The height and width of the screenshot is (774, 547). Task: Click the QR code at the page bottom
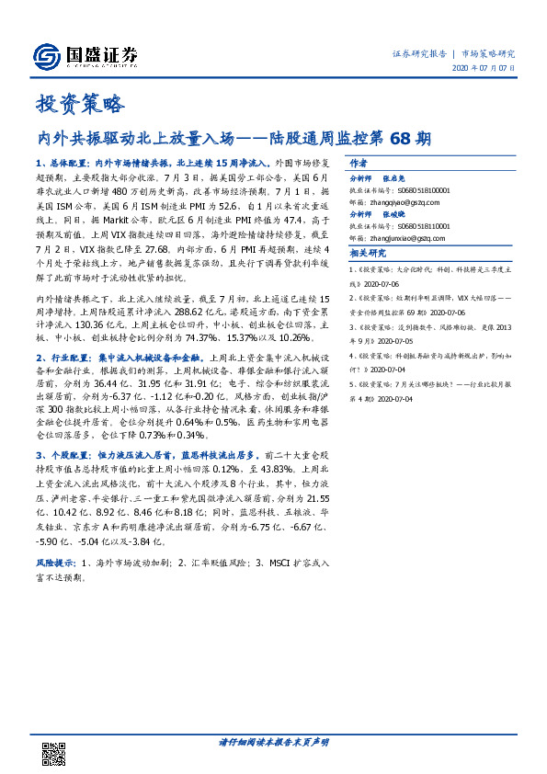tap(55, 750)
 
